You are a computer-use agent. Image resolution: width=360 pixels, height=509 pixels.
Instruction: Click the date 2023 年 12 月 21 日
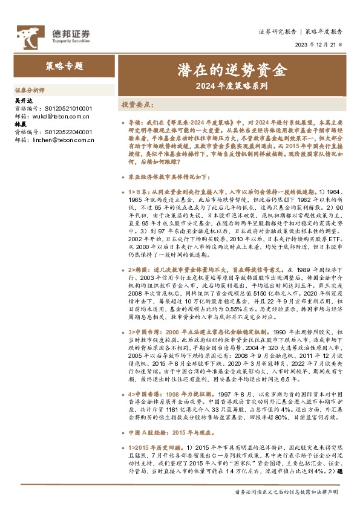tap(321, 45)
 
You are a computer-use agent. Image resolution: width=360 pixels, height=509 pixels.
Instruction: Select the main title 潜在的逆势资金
tap(231, 71)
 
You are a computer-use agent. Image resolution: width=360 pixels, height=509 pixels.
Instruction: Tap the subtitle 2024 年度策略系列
tap(231, 86)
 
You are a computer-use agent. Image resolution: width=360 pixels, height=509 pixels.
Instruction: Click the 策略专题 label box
tap(65, 65)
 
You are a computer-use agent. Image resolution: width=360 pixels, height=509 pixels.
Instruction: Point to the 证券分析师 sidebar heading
tap(28, 88)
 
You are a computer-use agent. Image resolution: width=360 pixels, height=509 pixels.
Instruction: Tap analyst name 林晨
tap(21, 124)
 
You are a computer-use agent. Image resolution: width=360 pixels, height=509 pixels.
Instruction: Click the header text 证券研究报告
tap(277, 30)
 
